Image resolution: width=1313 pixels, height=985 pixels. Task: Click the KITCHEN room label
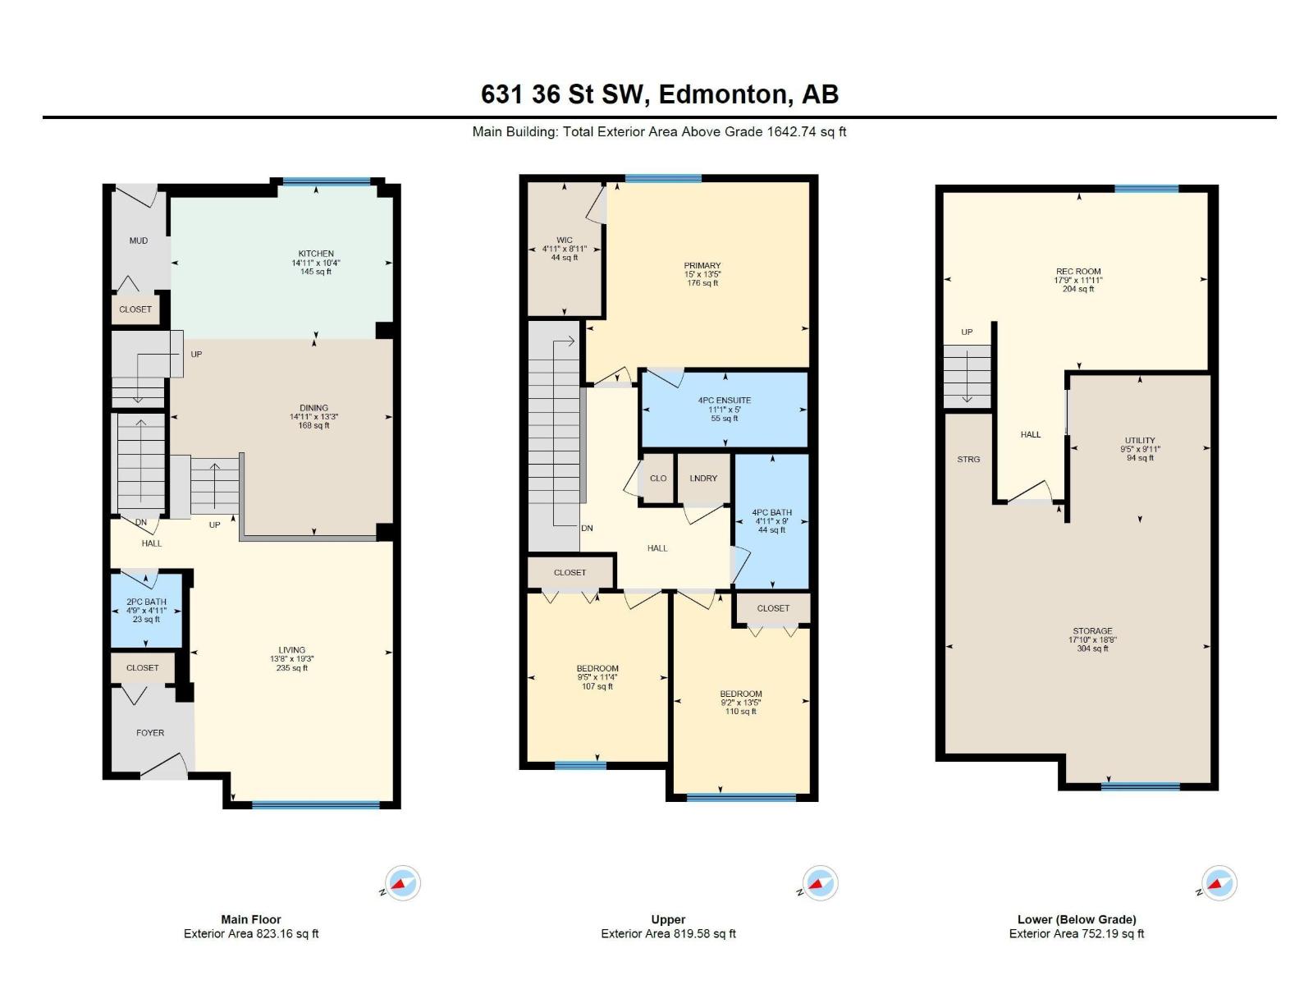(316, 254)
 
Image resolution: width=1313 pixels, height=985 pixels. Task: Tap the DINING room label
(313, 408)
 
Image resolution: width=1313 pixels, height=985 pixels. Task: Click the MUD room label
(139, 241)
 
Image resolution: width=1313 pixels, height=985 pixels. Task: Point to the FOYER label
(150, 733)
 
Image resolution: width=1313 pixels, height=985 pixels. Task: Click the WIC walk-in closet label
(565, 241)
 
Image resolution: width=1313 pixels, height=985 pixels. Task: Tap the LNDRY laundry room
(703, 479)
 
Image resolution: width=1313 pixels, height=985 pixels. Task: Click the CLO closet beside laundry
(658, 479)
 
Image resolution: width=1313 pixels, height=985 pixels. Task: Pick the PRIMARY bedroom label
(702, 266)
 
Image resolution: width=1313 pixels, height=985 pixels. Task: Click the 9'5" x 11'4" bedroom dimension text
(597, 677)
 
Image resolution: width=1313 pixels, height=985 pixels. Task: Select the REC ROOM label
(1078, 272)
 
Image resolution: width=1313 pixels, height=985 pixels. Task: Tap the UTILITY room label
(1140, 441)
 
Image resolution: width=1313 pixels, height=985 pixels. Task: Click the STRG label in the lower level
(968, 460)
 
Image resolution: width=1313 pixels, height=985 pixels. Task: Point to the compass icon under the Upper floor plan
(819, 883)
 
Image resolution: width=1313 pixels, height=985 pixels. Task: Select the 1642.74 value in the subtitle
(795, 131)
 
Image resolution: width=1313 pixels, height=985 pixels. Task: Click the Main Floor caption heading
(251, 919)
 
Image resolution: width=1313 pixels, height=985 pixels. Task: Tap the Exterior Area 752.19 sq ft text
(1077, 934)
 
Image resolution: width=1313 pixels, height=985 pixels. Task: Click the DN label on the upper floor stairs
(587, 529)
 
